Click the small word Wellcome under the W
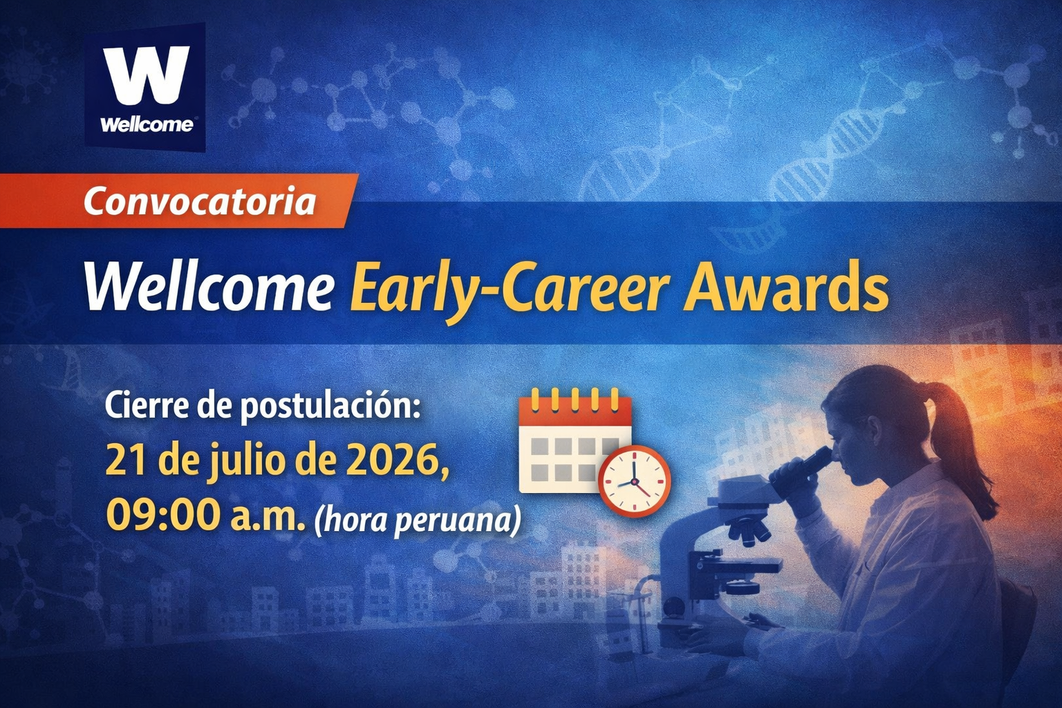(x=147, y=124)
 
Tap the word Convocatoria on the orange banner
(x=199, y=201)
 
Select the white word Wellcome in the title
(x=208, y=287)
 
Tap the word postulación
(x=329, y=407)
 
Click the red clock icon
(x=634, y=481)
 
